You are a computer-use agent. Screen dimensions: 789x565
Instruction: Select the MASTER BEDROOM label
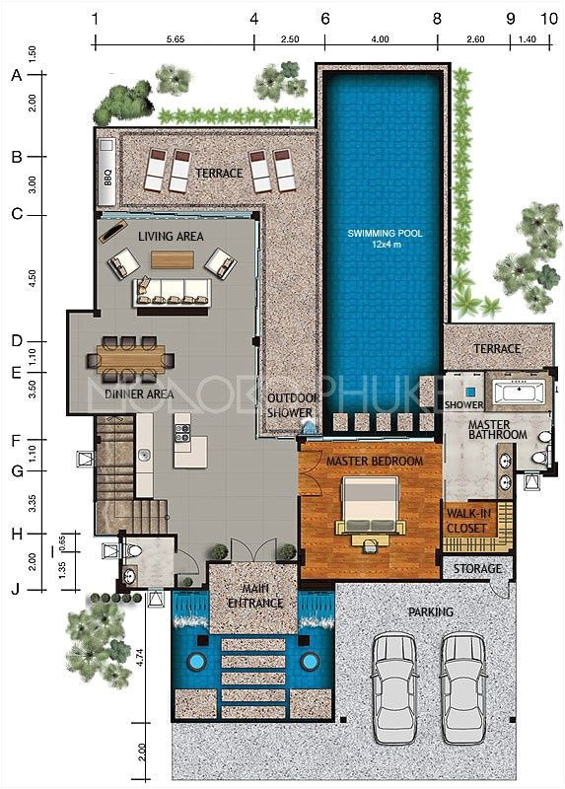[375, 462]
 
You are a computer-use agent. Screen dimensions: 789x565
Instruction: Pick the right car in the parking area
[462, 684]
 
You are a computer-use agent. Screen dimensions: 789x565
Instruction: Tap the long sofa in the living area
[173, 291]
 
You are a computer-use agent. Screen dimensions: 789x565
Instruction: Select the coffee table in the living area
[173, 258]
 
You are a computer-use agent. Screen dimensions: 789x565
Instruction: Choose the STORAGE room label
[477, 569]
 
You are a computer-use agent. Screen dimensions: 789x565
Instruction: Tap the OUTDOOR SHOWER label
[290, 405]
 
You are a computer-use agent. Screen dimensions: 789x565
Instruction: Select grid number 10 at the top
[548, 19]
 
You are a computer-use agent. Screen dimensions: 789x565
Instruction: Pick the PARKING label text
[431, 612]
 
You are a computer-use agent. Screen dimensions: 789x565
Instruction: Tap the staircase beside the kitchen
[113, 473]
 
